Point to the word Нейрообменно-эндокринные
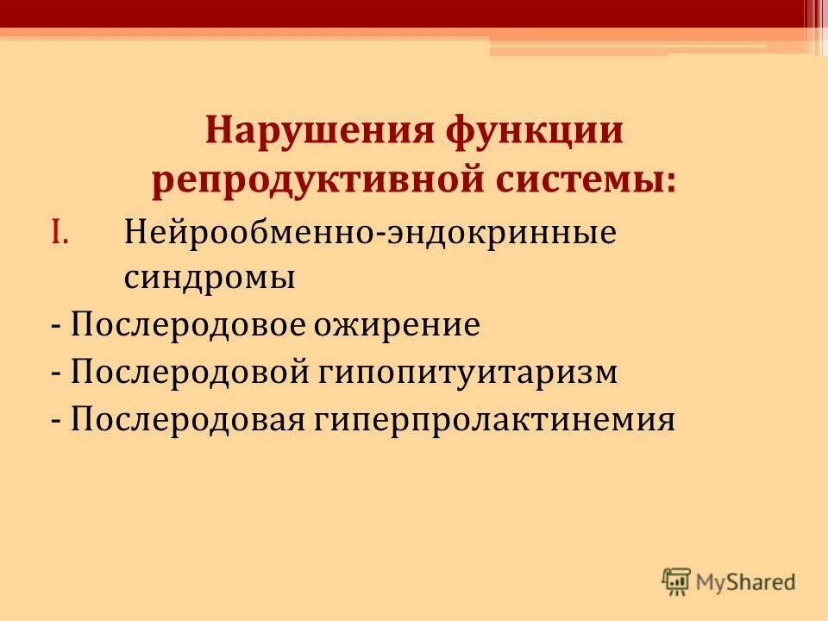[x=370, y=233]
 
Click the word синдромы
[x=210, y=278]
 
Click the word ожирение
[x=408, y=326]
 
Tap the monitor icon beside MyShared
[x=676, y=581]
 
